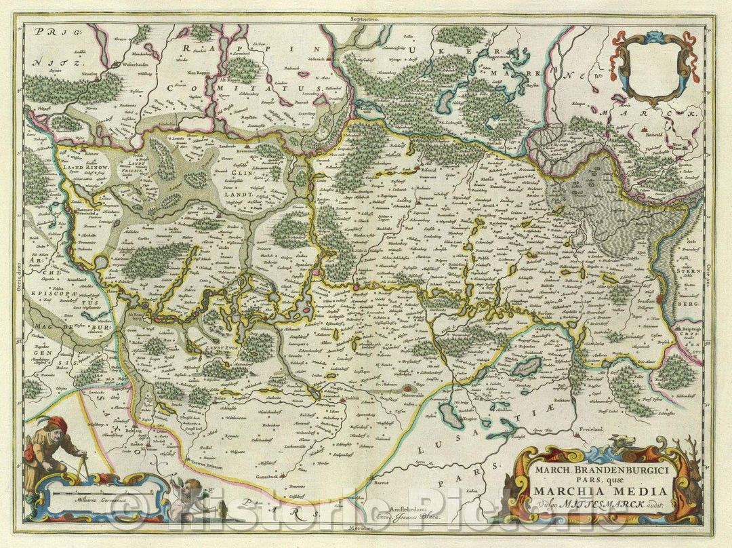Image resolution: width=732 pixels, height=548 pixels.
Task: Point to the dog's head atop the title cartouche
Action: pos(618,444)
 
